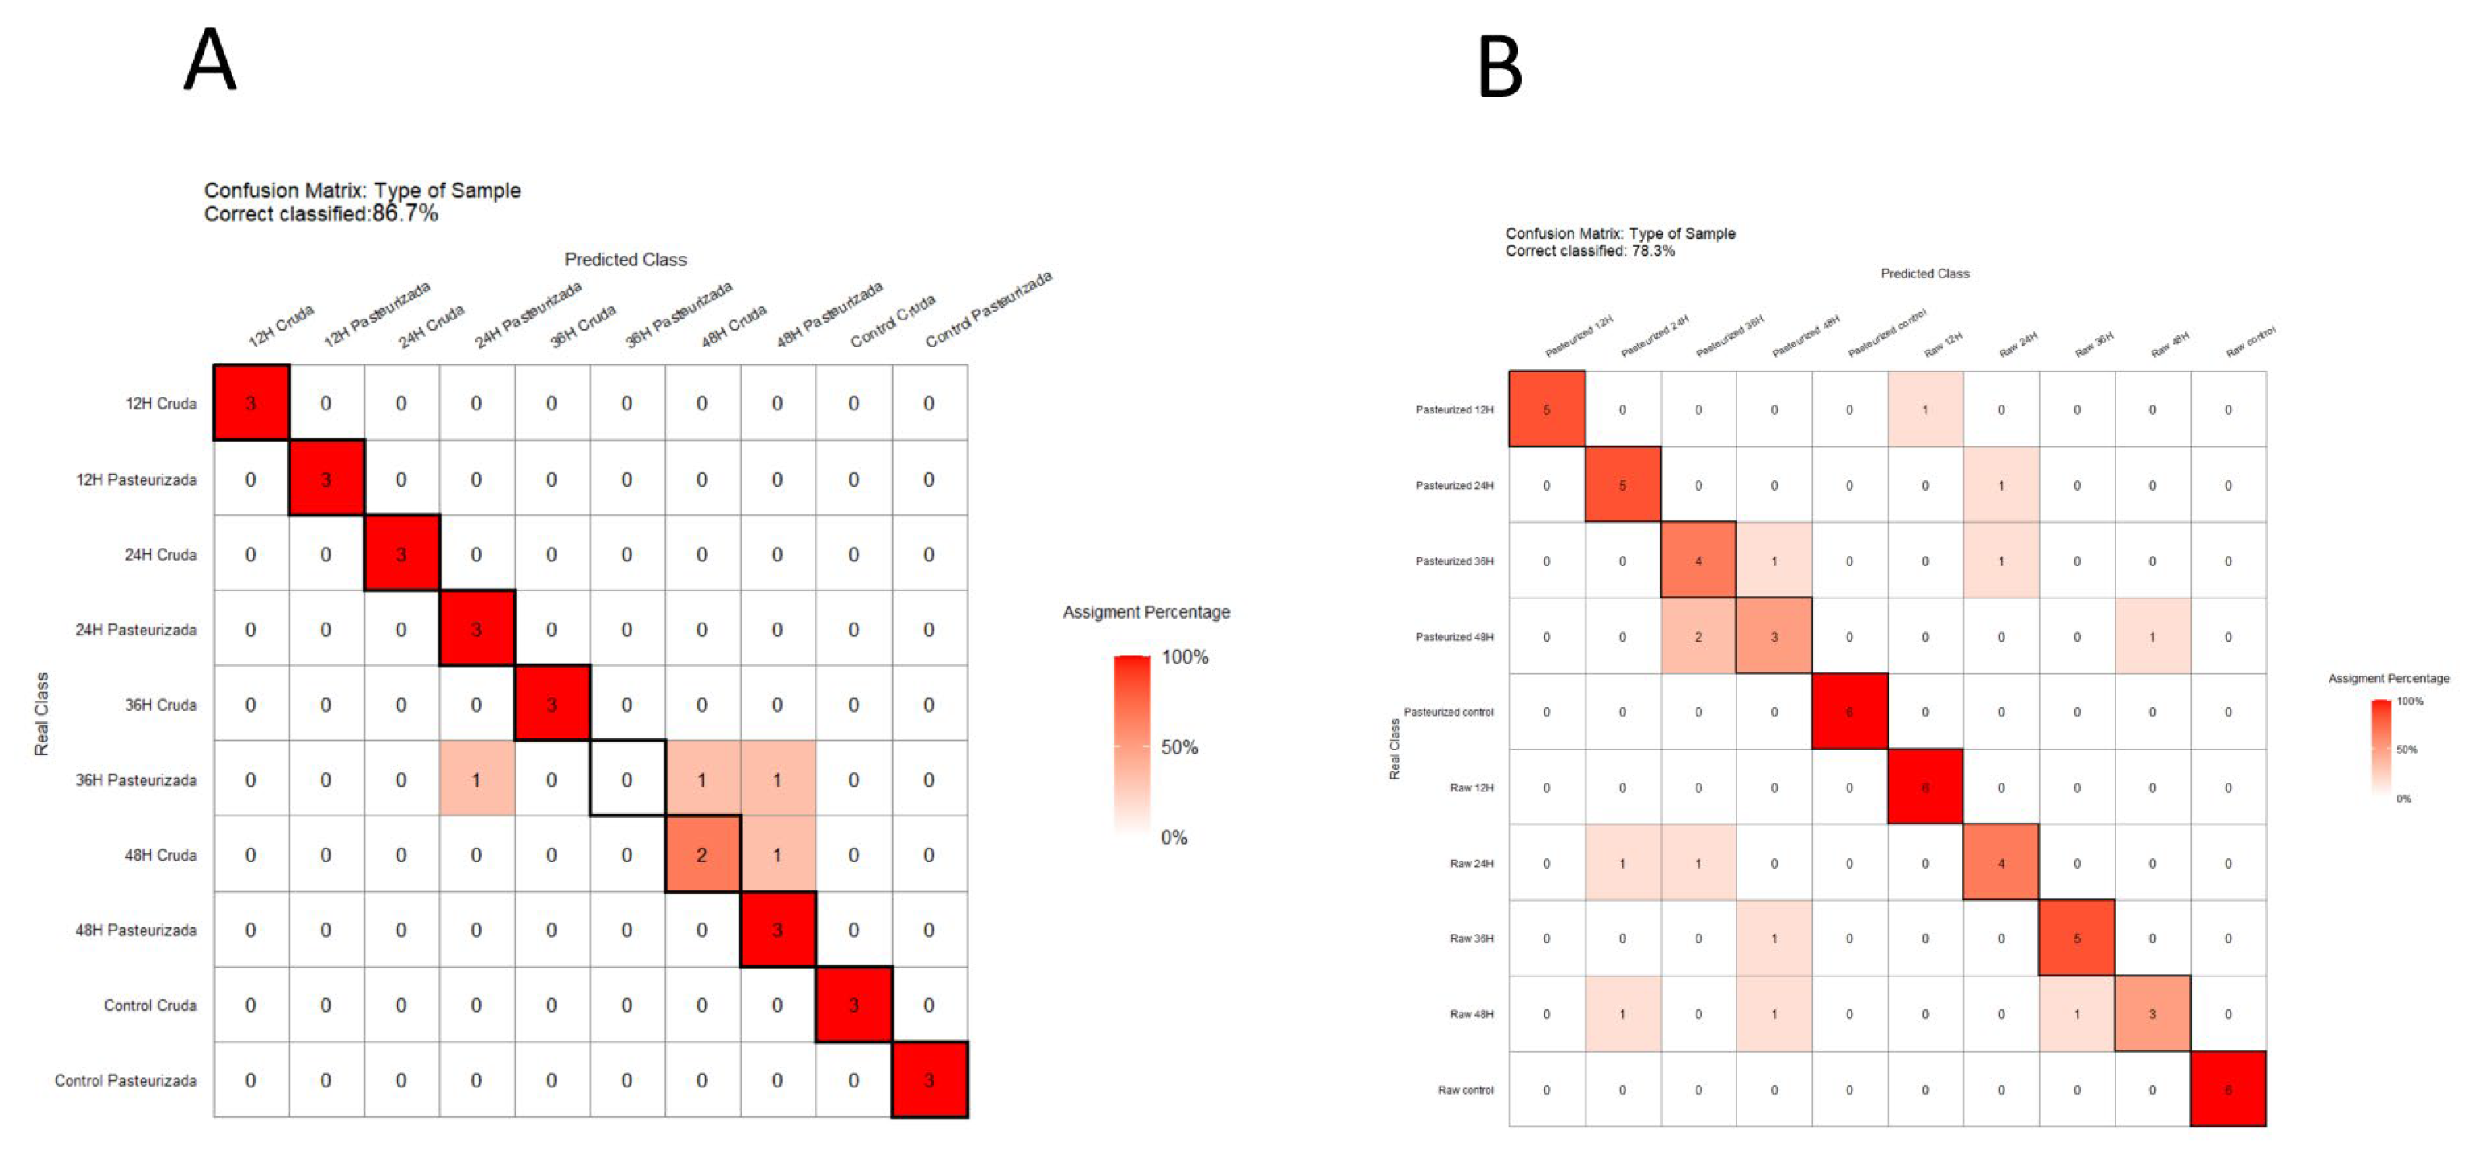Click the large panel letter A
point(210,60)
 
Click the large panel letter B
point(1499,67)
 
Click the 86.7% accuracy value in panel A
point(405,214)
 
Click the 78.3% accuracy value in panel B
point(1653,251)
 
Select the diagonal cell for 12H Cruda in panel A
point(251,403)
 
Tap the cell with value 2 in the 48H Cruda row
point(702,855)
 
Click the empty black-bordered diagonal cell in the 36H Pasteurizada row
point(627,779)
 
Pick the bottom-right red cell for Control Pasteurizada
point(929,1080)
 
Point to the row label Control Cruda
point(150,1005)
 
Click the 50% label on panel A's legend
point(1179,747)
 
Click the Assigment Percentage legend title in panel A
point(1145,612)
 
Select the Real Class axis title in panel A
point(41,714)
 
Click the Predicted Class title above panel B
point(1924,274)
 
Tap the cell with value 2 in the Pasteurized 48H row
point(1698,637)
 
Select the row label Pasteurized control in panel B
point(1448,713)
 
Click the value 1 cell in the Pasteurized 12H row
point(1925,410)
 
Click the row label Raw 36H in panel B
point(1471,939)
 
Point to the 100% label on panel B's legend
point(2410,701)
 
